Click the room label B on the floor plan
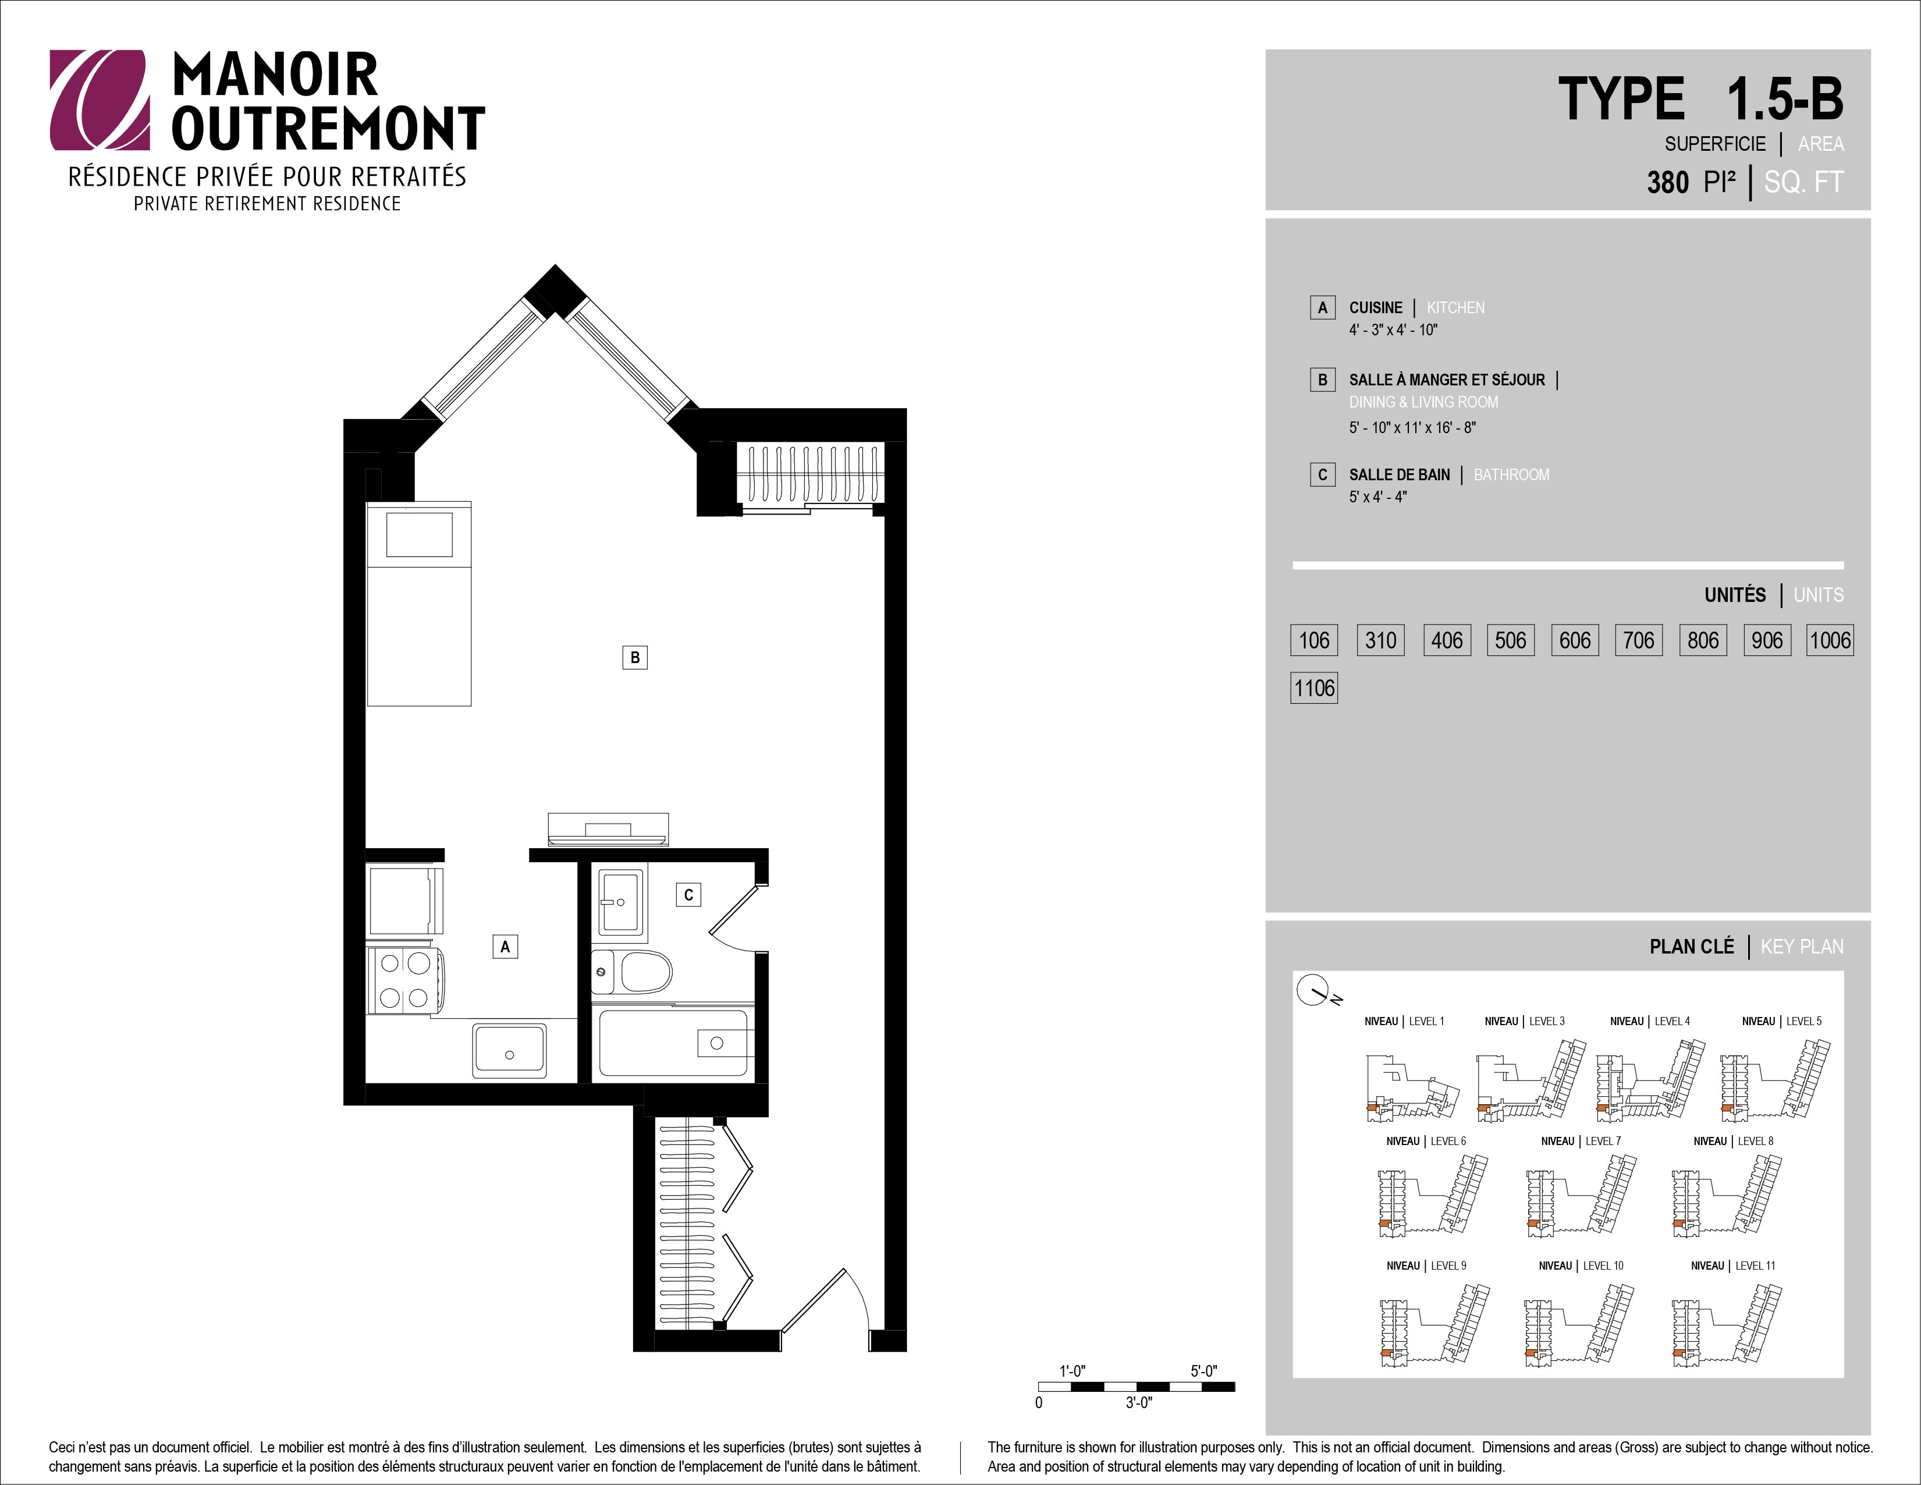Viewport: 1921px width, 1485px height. click(x=634, y=657)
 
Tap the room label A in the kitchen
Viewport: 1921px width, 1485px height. click(x=505, y=947)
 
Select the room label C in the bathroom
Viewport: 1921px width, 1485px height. click(x=688, y=895)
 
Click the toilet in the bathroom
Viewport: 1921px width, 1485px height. click(x=631, y=971)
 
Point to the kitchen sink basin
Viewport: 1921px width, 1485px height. click(x=509, y=1050)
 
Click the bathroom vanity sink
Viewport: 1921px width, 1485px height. click(x=621, y=903)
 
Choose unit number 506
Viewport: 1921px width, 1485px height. click(x=1510, y=640)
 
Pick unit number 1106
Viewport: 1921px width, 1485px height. click(x=1314, y=688)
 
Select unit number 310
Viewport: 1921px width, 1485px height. click(x=1381, y=640)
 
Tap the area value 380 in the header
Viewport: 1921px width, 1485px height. click(x=1668, y=182)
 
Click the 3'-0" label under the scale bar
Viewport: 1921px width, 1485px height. click(x=1139, y=1403)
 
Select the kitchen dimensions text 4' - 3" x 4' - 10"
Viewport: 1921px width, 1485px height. click(x=1393, y=330)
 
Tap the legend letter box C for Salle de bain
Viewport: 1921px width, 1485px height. click(x=1322, y=475)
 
